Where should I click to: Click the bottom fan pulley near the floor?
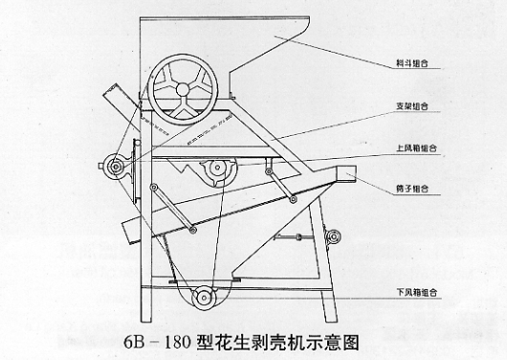pos(205,299)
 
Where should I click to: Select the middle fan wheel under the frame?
pos(217,172)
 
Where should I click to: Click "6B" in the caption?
pos(136,340)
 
